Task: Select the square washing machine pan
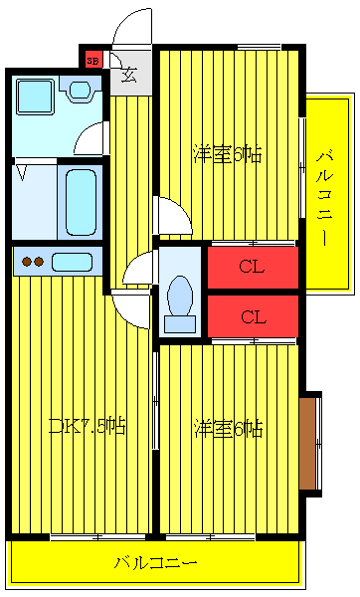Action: click(x=35, y=98)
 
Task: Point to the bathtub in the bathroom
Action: click(x=79, y=201)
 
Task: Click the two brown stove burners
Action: click(x=33, y=263)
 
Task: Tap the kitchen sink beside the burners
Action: click(x=72, y=263)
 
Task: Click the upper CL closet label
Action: click(x=253, y=267)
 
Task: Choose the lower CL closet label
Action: click(x=253, y=317)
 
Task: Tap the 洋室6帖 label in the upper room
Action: click(x=228, y=154)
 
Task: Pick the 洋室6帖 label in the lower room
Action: click(x=228, y=429)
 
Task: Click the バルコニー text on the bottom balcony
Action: click(x=154, y=563)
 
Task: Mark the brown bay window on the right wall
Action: click(x=309, y=443)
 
